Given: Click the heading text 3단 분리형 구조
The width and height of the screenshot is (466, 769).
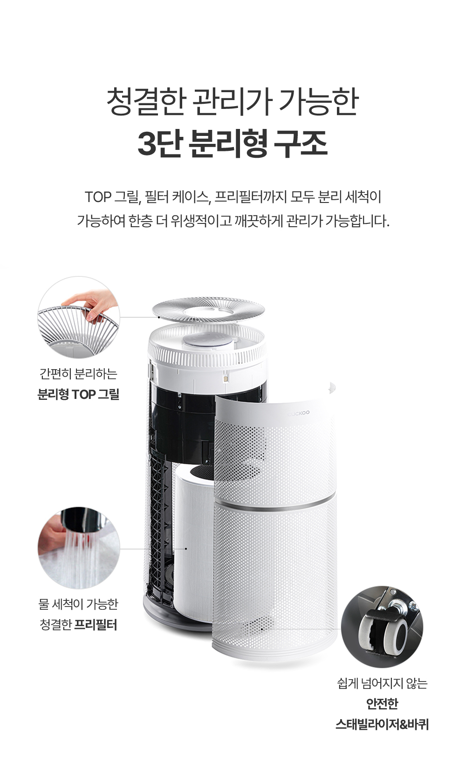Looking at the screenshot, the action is (x=233, y=143).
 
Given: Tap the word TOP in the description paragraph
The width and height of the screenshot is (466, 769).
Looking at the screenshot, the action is (x=98, y=197).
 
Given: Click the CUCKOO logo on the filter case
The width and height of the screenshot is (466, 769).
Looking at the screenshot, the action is (x=298, y=413).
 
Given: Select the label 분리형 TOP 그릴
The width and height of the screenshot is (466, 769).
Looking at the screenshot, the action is (x=78, y=394).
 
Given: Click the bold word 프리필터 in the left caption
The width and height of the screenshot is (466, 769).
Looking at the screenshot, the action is (x=96, y=625).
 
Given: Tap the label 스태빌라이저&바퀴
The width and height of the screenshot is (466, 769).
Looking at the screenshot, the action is (x=382, y=725).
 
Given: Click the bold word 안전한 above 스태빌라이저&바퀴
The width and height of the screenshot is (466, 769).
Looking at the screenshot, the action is (x=382, y=704).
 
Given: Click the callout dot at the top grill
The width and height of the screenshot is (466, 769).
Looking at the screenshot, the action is (x=159, y=317).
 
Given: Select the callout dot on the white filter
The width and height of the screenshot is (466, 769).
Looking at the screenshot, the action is (x=186, y=549).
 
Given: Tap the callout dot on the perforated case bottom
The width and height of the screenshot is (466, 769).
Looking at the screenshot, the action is (x=262, y=629).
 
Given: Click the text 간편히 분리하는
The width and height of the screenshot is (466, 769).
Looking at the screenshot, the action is (x=78, y=373).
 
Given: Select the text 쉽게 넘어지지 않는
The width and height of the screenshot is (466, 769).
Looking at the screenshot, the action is (x=382, y=683).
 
